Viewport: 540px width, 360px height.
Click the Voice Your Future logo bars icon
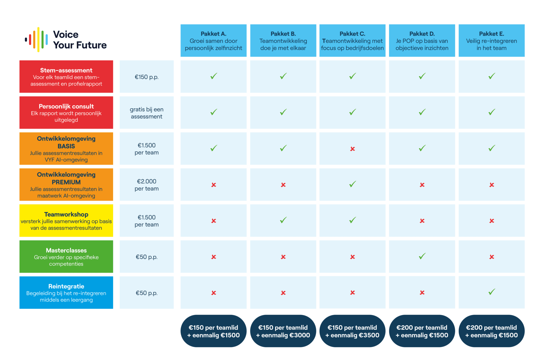click(36, 40)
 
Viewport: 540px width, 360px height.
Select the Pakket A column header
click(213, 40)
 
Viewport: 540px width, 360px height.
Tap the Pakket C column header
click(352, 40)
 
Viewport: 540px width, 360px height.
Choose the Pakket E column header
click(492, 40)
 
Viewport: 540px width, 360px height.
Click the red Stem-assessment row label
click(66, 76)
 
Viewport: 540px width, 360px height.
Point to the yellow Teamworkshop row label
click(66, 220)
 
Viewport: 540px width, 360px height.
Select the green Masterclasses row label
click(66, 256)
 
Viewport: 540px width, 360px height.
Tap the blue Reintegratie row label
click(66, 292)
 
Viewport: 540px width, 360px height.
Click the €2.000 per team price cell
click(147, 184)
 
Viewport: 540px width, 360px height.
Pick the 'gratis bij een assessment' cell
click(147, 112)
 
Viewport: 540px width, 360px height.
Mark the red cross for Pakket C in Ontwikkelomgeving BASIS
click(352, 149)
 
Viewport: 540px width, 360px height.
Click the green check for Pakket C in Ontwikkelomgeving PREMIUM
click(352, 184)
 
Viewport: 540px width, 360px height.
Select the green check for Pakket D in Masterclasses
click(422, 256)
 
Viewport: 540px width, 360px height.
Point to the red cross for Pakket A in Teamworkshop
click(214, 221)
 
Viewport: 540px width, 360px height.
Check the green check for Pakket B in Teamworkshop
click(283, 220)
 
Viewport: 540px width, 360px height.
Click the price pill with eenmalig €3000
click(283, 331)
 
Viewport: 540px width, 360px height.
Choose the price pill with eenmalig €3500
click(352, 331)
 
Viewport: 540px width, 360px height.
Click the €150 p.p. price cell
click(147, 76)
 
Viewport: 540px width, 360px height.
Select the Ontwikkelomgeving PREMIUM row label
click(66, 184)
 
